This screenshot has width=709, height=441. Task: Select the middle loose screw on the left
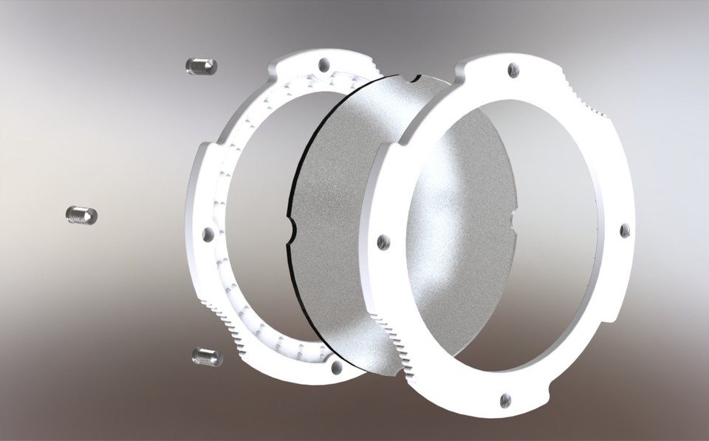[81, 216]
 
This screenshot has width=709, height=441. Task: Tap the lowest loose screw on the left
[207, 357]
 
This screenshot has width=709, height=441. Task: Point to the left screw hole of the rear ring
[208, 235]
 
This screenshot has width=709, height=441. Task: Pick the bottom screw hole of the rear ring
[336, 366]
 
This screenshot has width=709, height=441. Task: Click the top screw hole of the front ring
[513, 70]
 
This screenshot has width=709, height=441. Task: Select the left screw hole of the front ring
[383, 242]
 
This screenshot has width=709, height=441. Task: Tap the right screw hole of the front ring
[624, 230]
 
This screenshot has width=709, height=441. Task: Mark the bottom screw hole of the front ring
[504, 400]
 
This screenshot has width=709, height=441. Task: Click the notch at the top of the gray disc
[411, 77]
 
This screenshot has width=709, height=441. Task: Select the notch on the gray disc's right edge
[514, 215]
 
